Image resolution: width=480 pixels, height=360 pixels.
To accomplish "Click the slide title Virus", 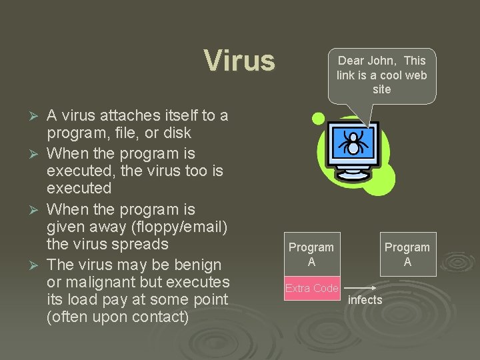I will point(239,60).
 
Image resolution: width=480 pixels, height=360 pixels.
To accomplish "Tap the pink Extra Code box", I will point(312,289).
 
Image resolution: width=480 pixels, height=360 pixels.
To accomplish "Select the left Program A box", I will point(311,254).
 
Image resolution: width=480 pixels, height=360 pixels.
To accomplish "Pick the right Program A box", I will point(407,254).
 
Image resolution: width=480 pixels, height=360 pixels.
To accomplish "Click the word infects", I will point(365,300).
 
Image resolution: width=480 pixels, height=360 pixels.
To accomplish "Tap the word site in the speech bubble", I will point(382,89).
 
